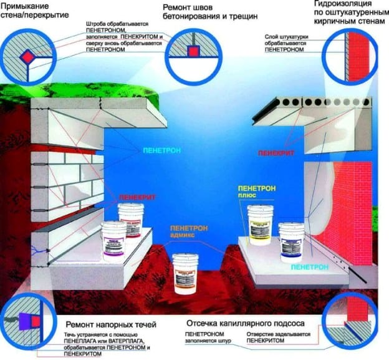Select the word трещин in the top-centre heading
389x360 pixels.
click(235, 16)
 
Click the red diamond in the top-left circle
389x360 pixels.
click(27, 57)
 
